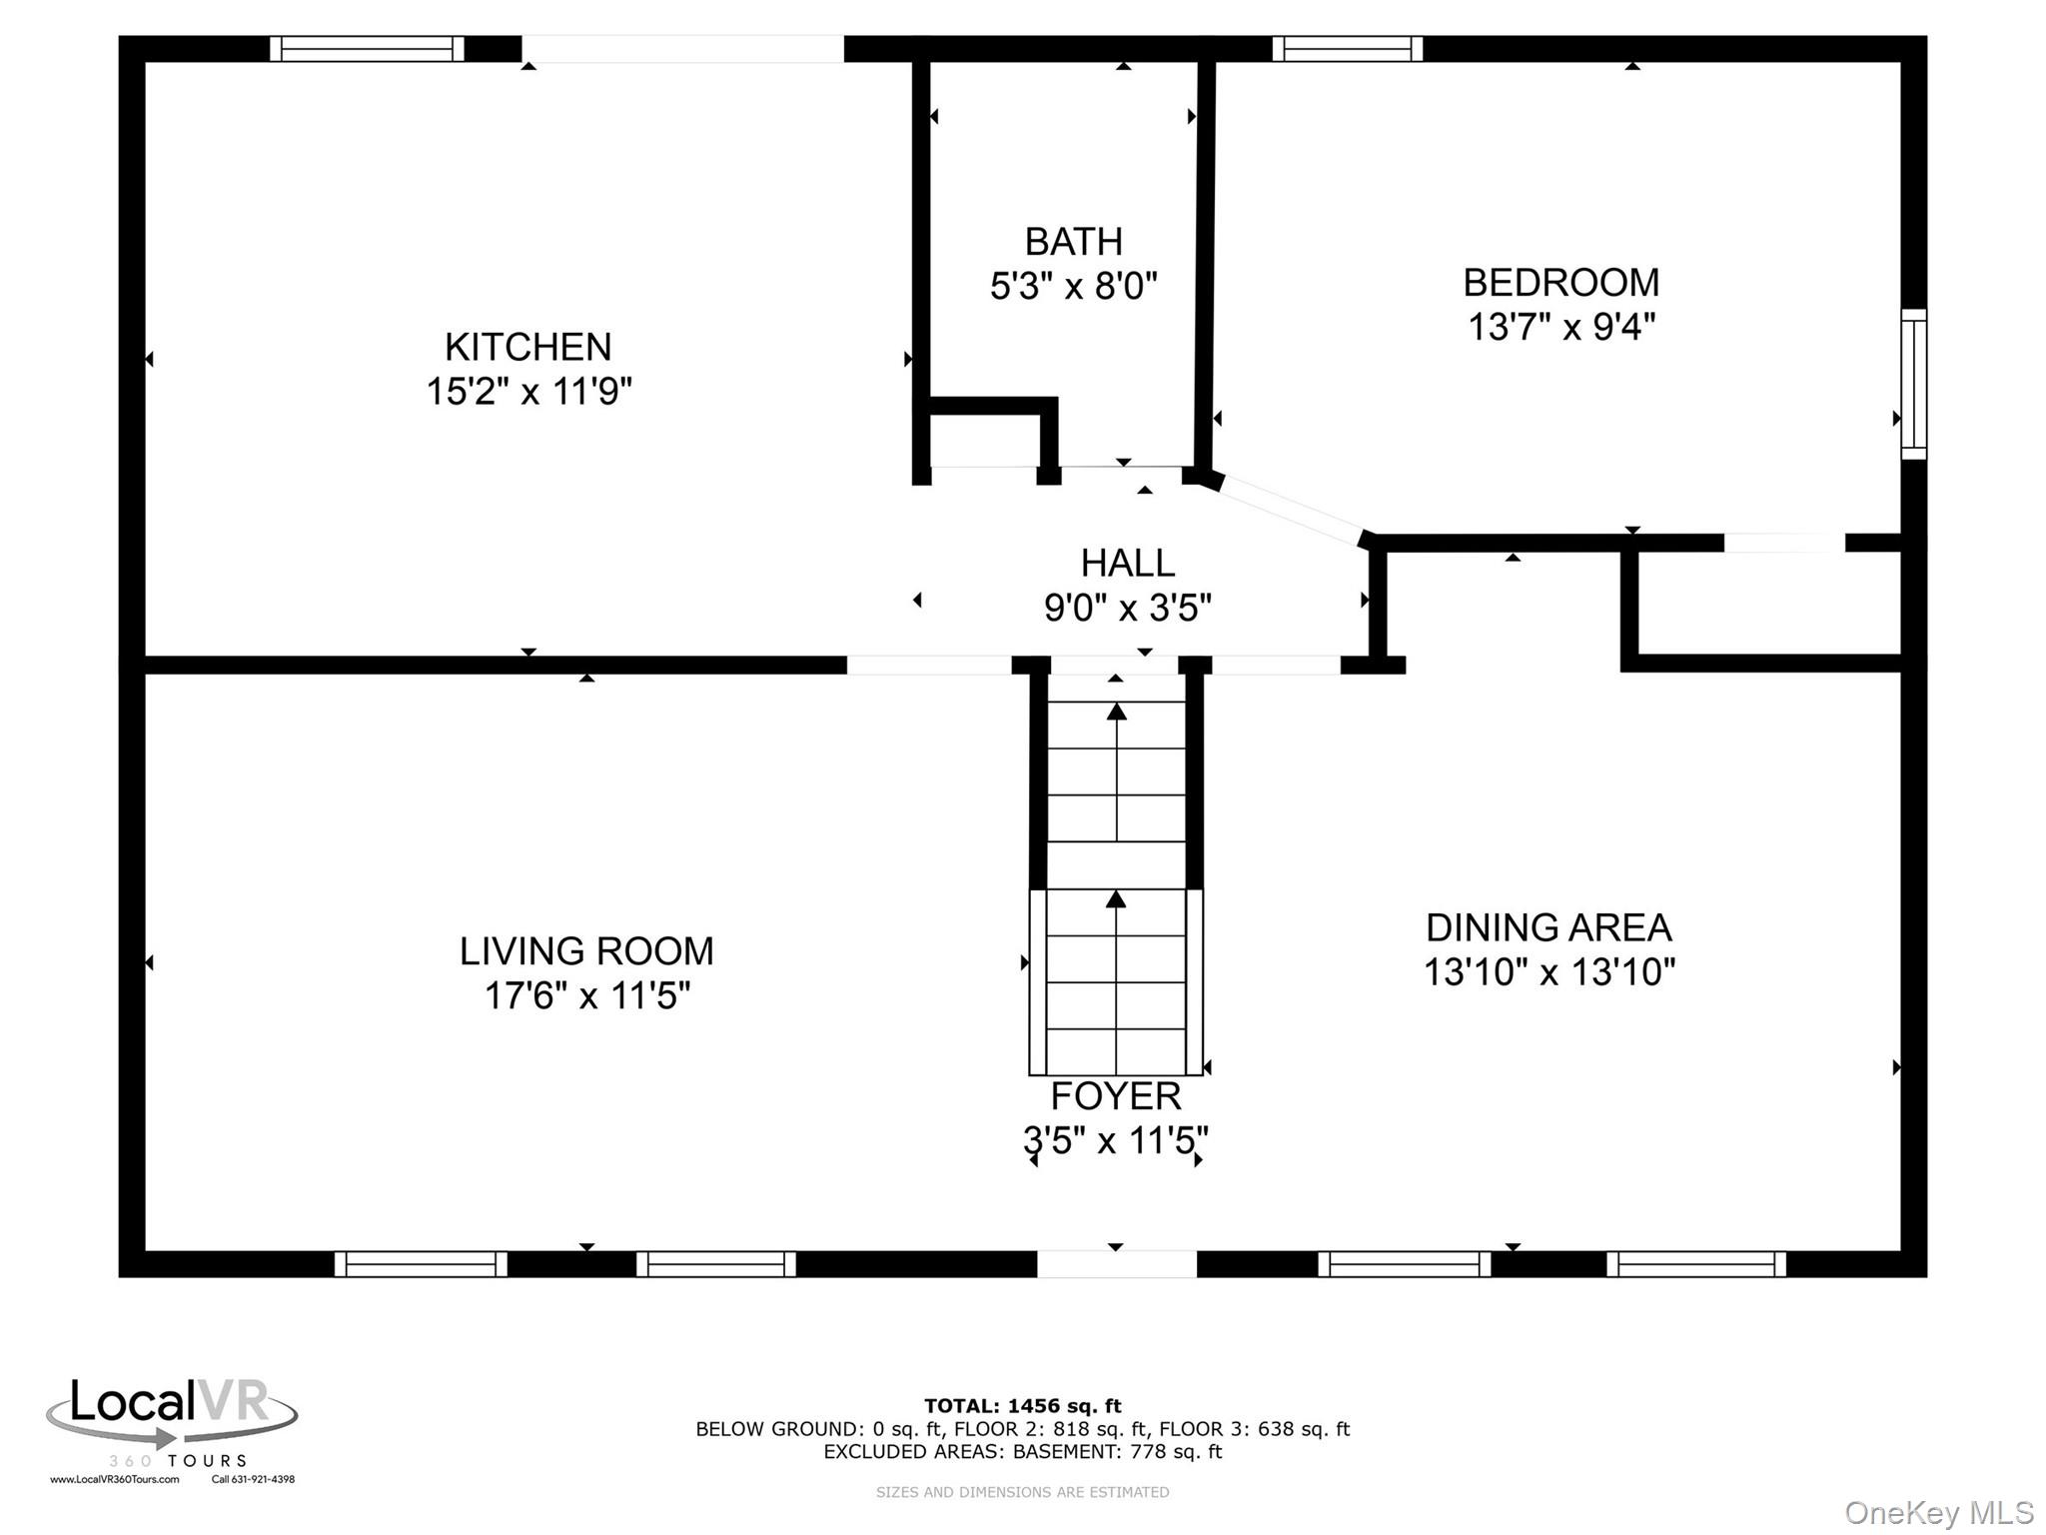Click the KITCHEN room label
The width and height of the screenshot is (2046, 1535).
[527, 347]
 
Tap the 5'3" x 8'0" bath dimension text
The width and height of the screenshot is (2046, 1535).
[1073, 287]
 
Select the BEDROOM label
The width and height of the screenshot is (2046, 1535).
[1560, 283]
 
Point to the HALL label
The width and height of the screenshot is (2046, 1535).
[1127, 564]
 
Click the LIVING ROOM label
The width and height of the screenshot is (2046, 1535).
[586, 951]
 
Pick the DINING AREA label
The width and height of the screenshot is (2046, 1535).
[1548, 928]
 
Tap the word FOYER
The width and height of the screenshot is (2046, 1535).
[1116, 1096]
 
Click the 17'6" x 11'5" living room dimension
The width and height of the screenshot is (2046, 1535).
[587, 996]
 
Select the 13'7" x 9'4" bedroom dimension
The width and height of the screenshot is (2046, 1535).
[1560, 327]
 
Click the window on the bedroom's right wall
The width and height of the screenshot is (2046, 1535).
[1913, 384]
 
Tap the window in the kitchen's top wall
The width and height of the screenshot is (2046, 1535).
[368, 49]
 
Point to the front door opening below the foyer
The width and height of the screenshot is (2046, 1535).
[1117, 1264]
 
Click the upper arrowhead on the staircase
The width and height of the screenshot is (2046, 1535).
[1116, 712]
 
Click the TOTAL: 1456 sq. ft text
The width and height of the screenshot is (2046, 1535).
[1022, 1406]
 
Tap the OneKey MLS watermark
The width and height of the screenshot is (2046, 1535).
[1939, 1513]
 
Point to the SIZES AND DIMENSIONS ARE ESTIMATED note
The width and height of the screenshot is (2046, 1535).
[1022, 1492]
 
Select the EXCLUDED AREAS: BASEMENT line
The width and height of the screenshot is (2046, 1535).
[1022, 1451]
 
